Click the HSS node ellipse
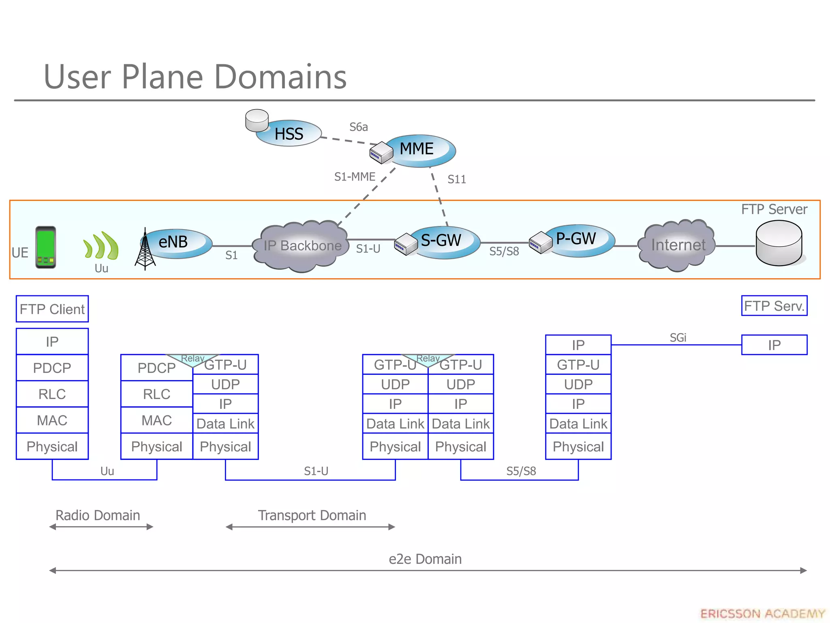click(x=289, y=133)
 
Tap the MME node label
click(x=417, y=149)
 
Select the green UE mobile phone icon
click(x=45, y=247)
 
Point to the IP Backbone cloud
click(x=302, y=246)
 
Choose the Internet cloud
click(x=678, y=245)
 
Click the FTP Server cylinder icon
click(x=779, y=243)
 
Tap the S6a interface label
click(x=358, y=127)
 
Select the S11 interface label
click(x=456, y=179)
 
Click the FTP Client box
click(x=52, y=309)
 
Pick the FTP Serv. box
click(x=774, y=306)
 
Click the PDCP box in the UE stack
click(x=52, y=368)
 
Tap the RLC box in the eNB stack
click(x=156, y=394)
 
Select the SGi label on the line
click(x=678, y=338)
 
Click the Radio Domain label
click(x=98, y=515)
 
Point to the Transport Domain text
click(x=312, y=515)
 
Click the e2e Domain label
click(x=425, y=559)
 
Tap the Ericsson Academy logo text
click(x=762, y=614)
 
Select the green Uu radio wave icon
click(x=101, y=246)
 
